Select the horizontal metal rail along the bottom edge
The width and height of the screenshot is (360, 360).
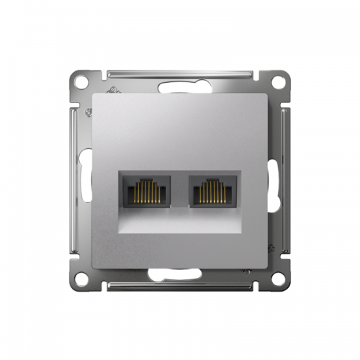180,286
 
